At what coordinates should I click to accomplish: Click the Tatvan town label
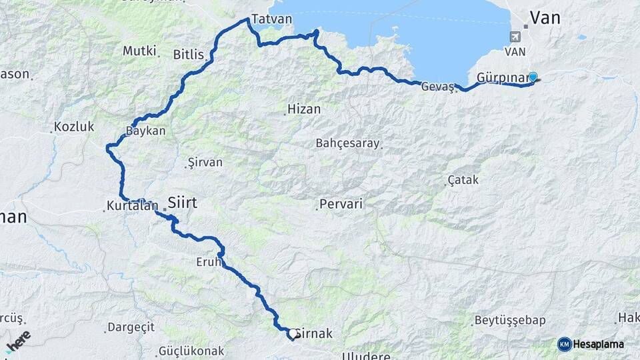pos(272,19)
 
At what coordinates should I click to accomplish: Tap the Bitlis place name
pos(188,55)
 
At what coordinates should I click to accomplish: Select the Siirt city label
pos(183,202)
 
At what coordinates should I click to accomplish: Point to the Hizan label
pos(304,109)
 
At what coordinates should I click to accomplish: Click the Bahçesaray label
pos(347,143)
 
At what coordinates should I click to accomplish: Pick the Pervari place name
pos(341,204)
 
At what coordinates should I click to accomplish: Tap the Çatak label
pos(463,180)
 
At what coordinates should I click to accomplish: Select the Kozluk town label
pos(74,126)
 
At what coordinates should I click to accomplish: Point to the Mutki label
pos(139,51)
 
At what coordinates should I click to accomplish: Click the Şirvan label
pos(205,162)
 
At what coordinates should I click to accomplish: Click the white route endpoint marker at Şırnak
pos(292,333)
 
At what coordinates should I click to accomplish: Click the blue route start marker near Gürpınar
pos(533,77)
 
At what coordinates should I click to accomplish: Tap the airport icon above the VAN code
pos(515,37)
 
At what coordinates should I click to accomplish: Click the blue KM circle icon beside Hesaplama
pos(564,344)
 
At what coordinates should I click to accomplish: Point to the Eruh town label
pos(208,262)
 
